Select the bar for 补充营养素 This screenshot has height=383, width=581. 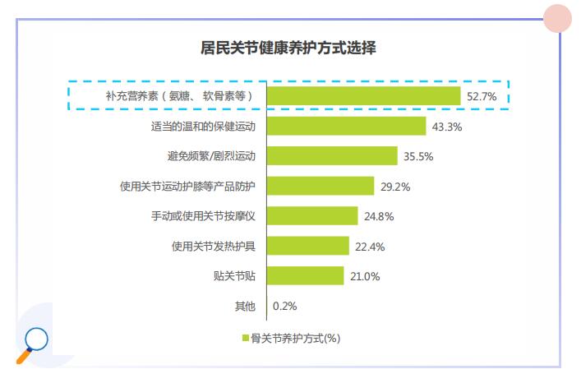[x=364, y=96]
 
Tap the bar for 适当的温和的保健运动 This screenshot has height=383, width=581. [x=347, y=127]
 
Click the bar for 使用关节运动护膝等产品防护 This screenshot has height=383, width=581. [x=321, y=187]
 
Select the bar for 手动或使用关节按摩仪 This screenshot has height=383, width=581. [x=313, y=216]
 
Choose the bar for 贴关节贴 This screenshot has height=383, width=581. [x=306, y=275]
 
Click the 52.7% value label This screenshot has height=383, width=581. [x=482, y=96]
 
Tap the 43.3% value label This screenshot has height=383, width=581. [x=447, y=127]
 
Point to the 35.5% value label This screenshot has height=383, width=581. [x=417, y=156]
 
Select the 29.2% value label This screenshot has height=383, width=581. [x=394, y=187]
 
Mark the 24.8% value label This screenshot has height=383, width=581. [x=379, y=216]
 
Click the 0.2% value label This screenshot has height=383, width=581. [x=284, y=306]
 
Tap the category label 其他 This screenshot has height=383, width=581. [x=245, y=306]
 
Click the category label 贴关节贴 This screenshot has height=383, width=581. [x=234, y=275]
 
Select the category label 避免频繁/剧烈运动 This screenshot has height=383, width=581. [x=211, y=156]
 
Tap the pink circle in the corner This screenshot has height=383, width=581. [x=558, y=19]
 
